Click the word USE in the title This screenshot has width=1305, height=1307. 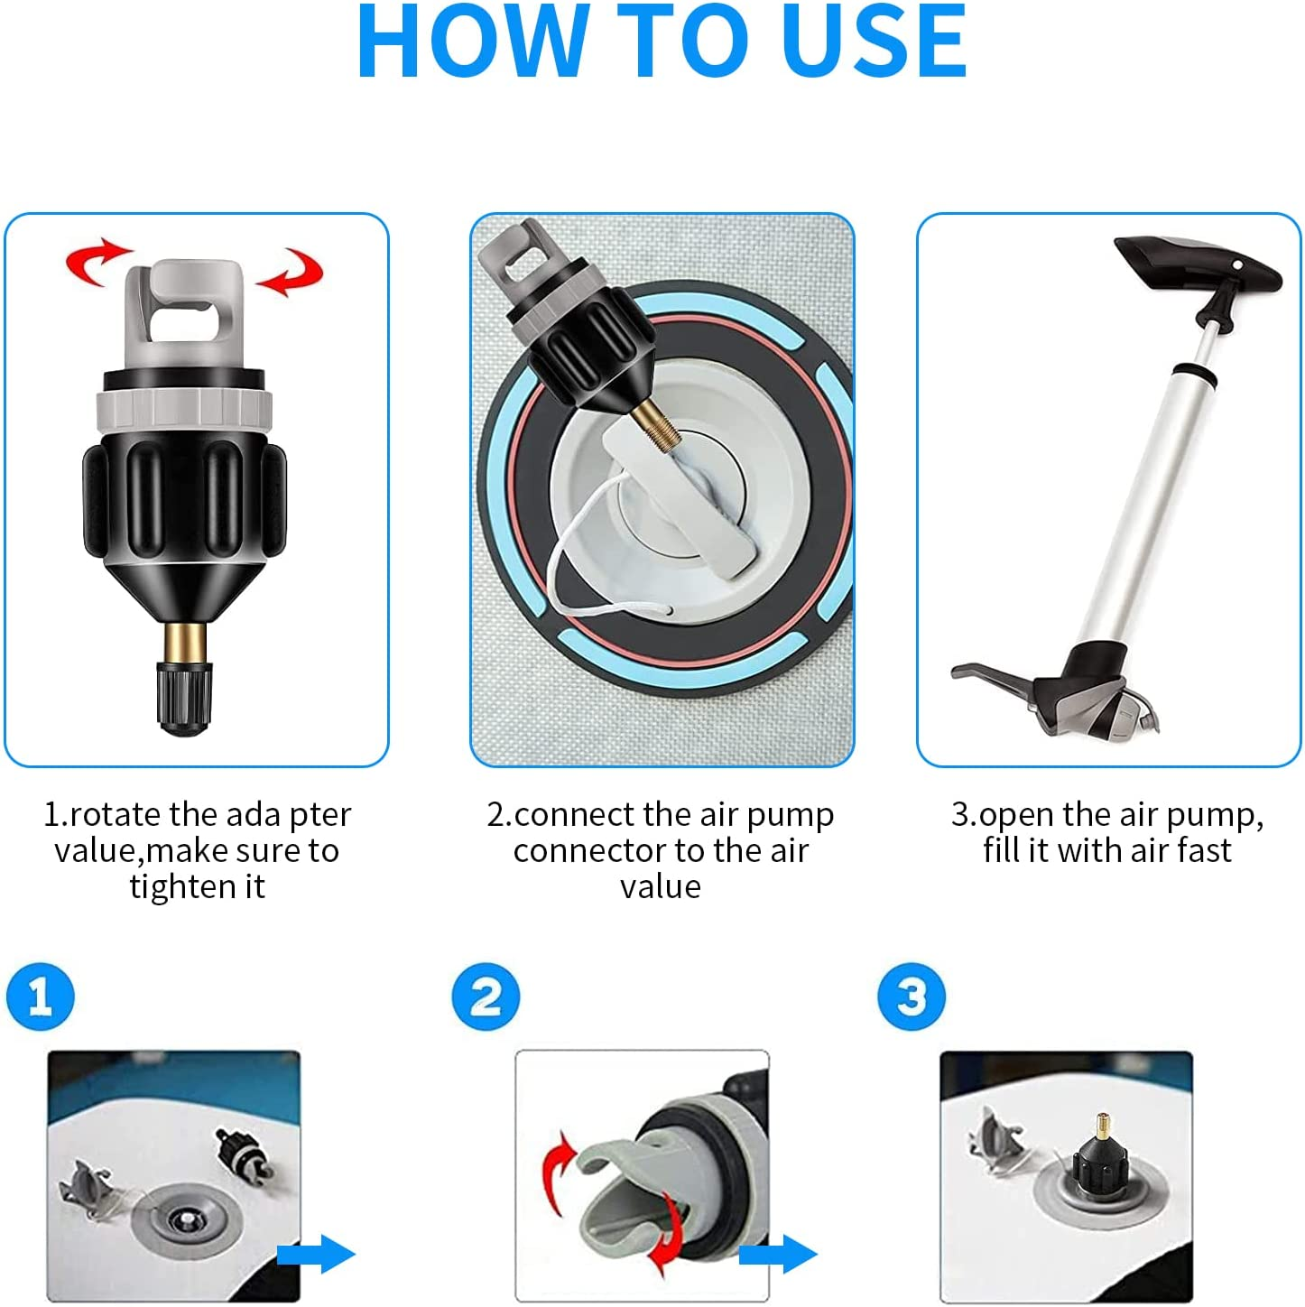click(874, 42)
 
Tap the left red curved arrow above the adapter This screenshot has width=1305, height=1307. click(97, 262)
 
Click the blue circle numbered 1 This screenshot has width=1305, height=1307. click(40, 997)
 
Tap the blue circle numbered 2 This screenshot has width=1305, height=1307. click(486, 997)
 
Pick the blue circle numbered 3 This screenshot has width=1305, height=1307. click(912, 997)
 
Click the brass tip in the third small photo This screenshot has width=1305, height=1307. click(1102, 1126)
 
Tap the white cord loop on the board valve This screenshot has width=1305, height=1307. click(578, 578)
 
